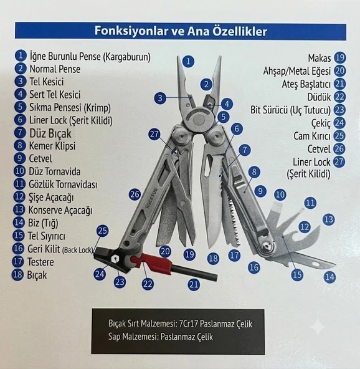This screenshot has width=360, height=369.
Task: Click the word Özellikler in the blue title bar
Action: (x=240, y=31)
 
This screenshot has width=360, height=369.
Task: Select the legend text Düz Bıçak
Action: (x=50, y=133)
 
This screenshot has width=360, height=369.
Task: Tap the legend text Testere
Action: (x=40, y=262)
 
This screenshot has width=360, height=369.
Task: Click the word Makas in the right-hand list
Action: (x=320, y=58)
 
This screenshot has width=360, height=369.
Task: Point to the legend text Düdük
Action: (x=319, y=97)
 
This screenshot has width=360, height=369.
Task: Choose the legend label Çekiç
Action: (x=321, y=123)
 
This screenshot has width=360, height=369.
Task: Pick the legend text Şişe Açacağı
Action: (x=51, y=197)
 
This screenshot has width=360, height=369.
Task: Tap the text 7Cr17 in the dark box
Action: (x=187, y=324)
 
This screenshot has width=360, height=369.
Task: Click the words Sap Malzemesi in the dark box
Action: (x=133, y=337)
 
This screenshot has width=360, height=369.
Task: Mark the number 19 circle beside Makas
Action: (x=340, y=57)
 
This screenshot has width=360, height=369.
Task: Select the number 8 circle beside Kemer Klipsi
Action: (x=20, y=145)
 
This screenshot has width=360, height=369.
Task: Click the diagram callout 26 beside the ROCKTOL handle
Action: (x=135, y=194)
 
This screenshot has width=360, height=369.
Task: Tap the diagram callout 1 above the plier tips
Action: (x=188, y=62)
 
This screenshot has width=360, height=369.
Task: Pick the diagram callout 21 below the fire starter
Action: (x=194, y=285)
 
